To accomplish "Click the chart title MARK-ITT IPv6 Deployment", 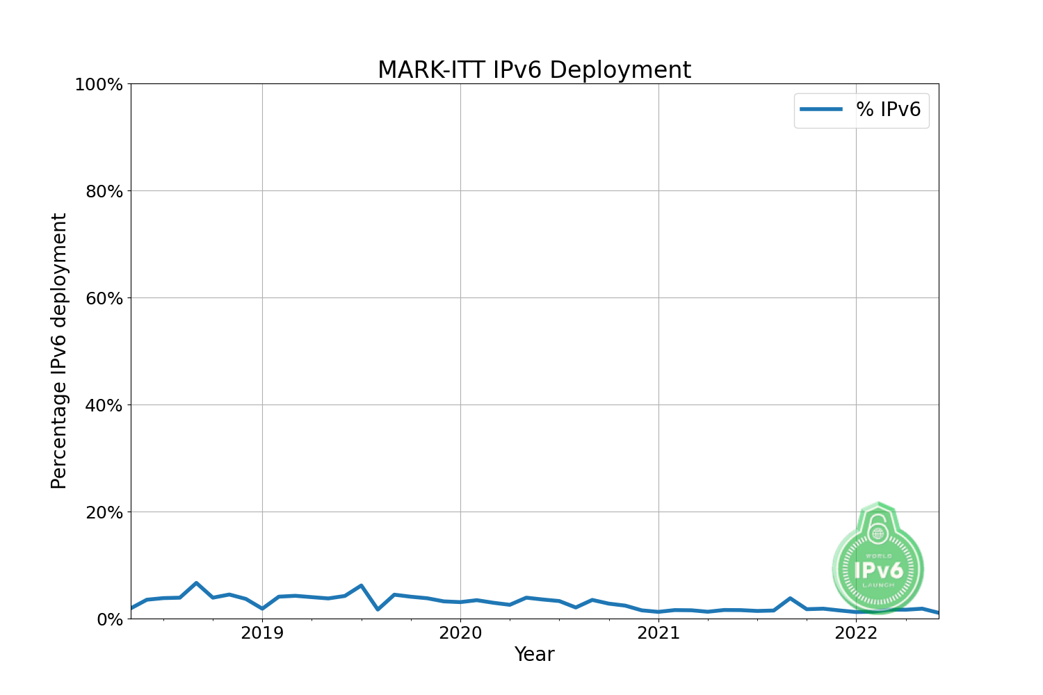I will (534, 70).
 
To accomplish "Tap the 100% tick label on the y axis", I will (99, 85).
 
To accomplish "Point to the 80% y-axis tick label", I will (104, 192).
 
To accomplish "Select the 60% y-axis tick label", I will (104, 299).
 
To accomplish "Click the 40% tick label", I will (104, 406).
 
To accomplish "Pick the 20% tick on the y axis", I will (104, 513).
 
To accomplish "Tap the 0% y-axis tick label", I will (109, 619).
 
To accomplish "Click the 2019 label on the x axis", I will (262, 633).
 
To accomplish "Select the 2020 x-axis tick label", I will (460, 633).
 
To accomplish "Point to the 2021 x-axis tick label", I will (658, 633).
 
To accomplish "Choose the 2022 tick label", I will (857, 633).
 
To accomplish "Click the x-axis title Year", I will (534, 655).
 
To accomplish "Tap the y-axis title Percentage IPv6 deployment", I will (60, 351).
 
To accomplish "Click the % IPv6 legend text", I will (888, 110).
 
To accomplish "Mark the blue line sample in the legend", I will (821, 110).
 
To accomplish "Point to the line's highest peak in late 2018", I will (196, 583).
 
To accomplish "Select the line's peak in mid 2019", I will (361, 586).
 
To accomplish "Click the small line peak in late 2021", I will (790, 598).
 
